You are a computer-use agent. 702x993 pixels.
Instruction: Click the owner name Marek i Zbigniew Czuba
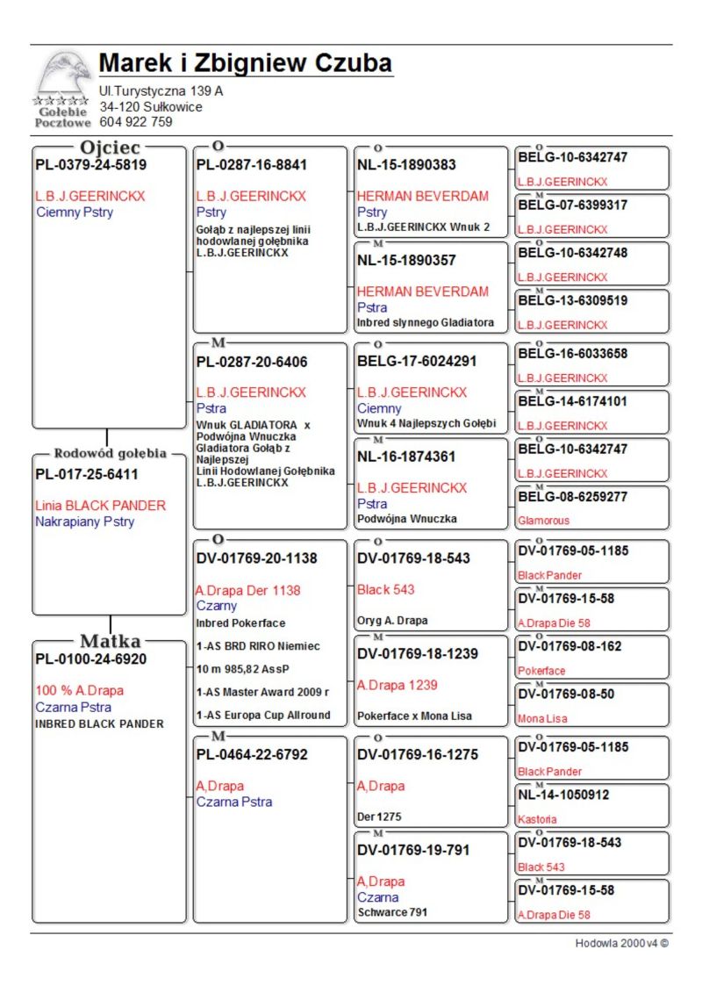click(x=245, y=63)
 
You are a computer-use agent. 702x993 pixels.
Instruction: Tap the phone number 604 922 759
click(x=136, y=122)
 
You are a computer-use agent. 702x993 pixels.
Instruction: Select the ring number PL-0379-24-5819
click(x=90, y=164)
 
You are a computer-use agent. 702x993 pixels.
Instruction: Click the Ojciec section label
click(x=111, y=148)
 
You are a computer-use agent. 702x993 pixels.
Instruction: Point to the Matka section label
click(x=111, y=640)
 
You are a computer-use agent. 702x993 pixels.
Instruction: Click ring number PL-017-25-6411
click(x=87, y=474)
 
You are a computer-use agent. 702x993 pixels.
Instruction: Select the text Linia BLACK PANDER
click(x=100, y=506)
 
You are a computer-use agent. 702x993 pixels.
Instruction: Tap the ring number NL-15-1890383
click(x=406, y=164)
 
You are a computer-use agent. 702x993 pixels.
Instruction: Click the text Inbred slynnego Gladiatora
click(x=425, y=322)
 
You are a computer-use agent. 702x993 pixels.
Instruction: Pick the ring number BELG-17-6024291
click(x=417, y=361)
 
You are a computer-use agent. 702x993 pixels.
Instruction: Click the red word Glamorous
click(x=543, y=521)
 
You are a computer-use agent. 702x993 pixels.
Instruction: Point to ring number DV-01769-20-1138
click(x=256, y=558)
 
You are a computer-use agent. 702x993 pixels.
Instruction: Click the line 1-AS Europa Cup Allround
click(x=262, y=715)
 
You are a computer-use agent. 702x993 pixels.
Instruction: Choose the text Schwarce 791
click(x=392, y=912)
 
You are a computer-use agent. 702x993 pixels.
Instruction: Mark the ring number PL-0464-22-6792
click(x=252, y=754)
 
